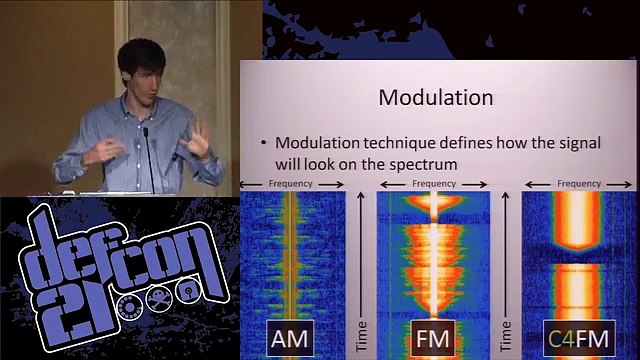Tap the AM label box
click(288, 338)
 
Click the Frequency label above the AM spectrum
click(291, 184)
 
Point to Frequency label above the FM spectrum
click(433, 184)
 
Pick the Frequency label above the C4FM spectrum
click(579, 184)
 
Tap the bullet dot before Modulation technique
click(262, 142)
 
